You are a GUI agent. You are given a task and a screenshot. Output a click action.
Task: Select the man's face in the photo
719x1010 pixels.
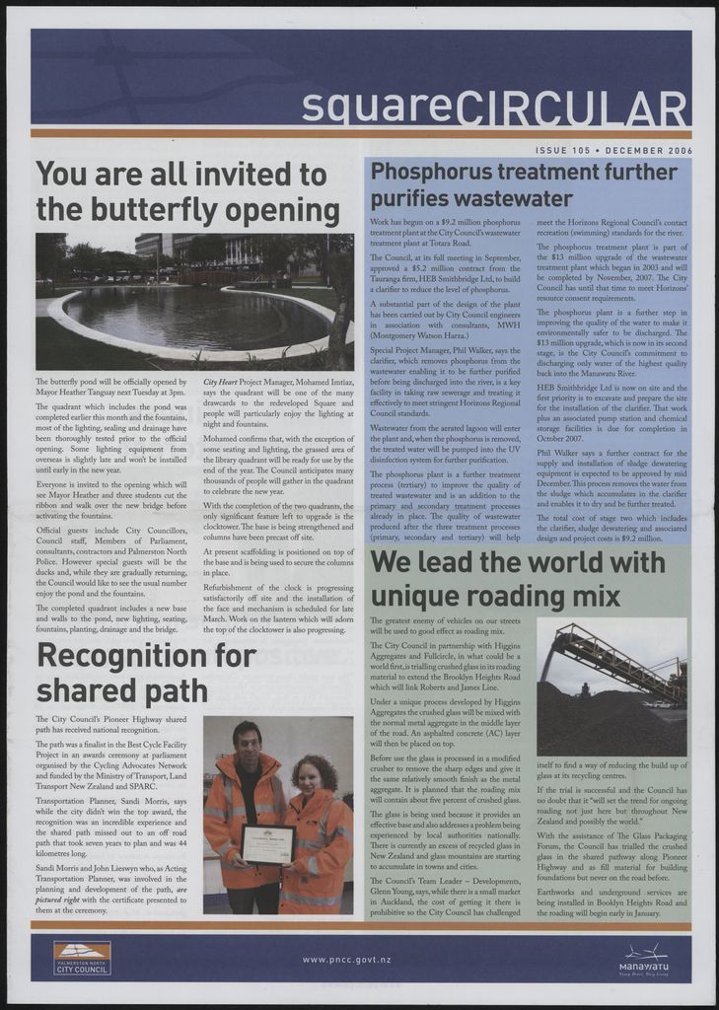[248, 742]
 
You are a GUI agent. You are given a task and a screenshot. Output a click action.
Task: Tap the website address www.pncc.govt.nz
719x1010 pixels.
[347, 959]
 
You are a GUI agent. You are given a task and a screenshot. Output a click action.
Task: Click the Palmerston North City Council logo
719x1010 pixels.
[82, 959]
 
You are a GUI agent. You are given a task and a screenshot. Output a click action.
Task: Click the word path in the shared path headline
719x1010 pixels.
[174, 688]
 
